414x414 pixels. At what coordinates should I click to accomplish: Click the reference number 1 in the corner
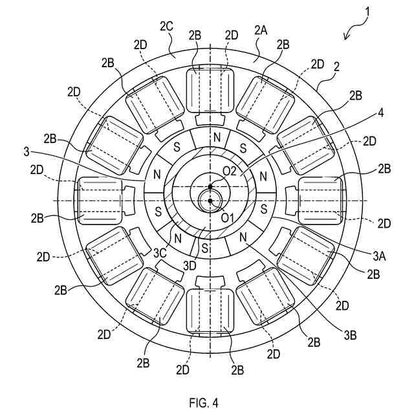[367, 11]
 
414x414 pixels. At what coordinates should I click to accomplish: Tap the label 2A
[261, 30]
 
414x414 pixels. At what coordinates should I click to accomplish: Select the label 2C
[166, 27]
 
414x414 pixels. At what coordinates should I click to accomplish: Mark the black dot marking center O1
[211, 201]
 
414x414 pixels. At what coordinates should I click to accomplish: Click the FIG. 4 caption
[204, 402]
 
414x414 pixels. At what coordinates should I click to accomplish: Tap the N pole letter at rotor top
[217, 138]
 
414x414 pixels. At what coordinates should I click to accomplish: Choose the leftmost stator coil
[100, 201]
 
